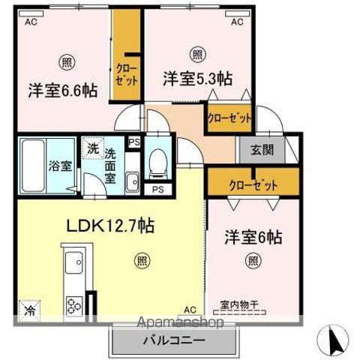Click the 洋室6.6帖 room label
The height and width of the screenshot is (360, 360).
(63, 90)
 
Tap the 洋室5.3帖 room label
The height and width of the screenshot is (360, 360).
(197, 77)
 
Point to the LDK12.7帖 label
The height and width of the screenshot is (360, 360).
(112, 225)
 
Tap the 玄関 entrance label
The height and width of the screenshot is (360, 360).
(262, 148)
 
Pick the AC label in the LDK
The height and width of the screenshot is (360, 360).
(190, 308)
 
